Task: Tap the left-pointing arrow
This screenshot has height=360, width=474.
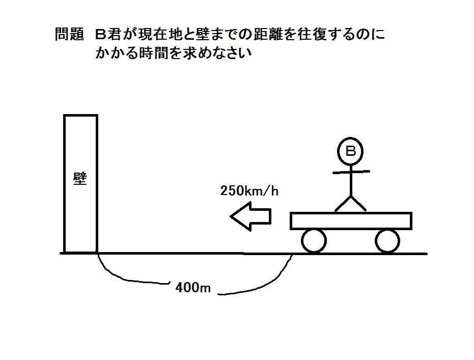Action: [x=250, y=216]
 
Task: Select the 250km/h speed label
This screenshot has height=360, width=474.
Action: [x=249, y=191]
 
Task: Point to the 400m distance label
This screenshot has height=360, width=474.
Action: [x=193, y=287]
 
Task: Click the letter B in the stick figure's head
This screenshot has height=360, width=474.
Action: [x=351, y=151]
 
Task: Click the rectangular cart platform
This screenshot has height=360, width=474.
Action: [x=351, y=220]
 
